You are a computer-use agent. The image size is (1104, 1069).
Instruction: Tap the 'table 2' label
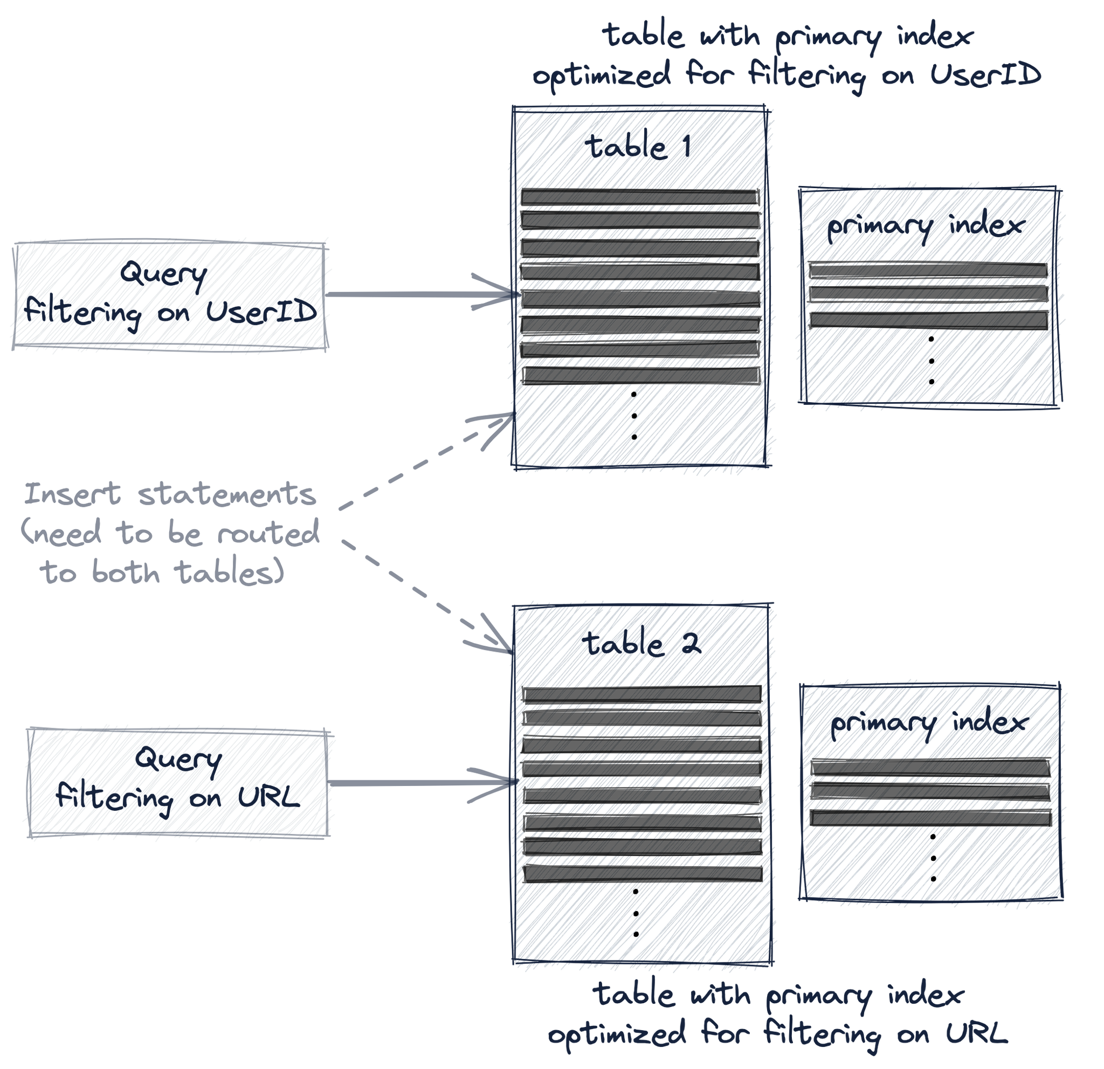coord(641,643)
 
